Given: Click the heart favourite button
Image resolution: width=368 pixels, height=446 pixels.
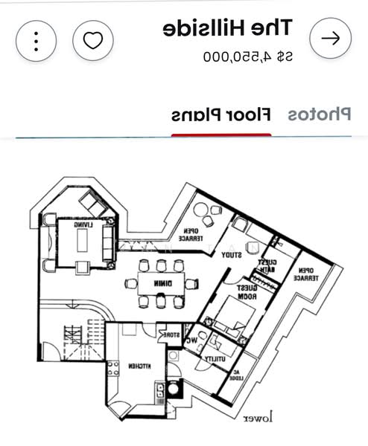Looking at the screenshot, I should coord(92,39).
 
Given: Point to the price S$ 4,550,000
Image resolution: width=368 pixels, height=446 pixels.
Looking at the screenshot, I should coord(247,56).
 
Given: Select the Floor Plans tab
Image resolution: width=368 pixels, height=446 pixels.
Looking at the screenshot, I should coord(221,115).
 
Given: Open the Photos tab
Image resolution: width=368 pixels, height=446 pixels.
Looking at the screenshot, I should coord(320,115).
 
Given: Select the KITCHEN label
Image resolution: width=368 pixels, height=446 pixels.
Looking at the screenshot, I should coord(140,366).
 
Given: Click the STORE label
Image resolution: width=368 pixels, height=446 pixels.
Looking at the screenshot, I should coord(172,336).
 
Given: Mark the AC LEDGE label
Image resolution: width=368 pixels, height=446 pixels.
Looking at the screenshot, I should coord(238,375).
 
